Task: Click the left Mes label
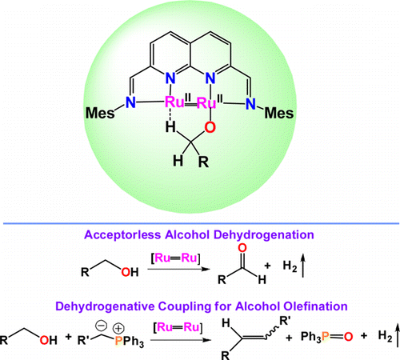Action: pos(100,113)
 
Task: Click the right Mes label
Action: pos(279,113)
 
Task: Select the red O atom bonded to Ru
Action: pos(210,127)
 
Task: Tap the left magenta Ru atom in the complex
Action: pos(174,102)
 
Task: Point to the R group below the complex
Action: pos(203,162)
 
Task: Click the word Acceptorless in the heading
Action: pos(122,235)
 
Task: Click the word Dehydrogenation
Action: pos(264,235)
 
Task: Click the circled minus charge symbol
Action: pos(102,325)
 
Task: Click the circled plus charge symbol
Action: pos(118,328)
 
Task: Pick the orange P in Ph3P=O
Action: pos(325,337)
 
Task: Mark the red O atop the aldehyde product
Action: pos(242,248)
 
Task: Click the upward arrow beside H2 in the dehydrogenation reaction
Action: pos(302,266)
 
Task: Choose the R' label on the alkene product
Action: pos(285,321)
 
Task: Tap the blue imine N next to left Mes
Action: pos(130,102)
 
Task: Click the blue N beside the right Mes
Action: pos(250,103)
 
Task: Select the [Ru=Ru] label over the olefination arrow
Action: pos(178,327)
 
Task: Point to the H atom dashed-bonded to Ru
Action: pos(170,126)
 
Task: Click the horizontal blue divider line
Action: pos(201,223)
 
